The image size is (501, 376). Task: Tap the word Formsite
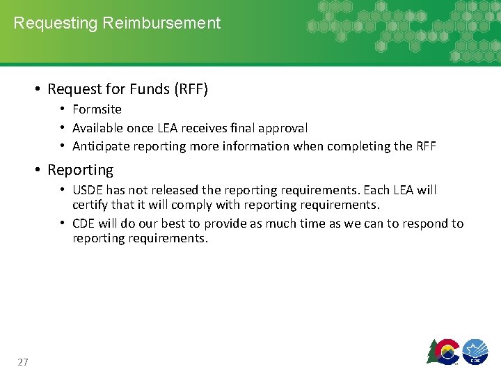[x=97, y=109]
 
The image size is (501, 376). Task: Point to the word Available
[x=97, y=128]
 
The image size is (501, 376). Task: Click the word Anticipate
[x=100, y=146]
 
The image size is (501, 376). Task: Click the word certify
[x=90, y=205]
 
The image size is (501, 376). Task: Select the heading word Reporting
[x=80, y=170]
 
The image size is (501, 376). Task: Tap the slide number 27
[x=23, y=362]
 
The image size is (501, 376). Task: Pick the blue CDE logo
[x=475, y=351]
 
